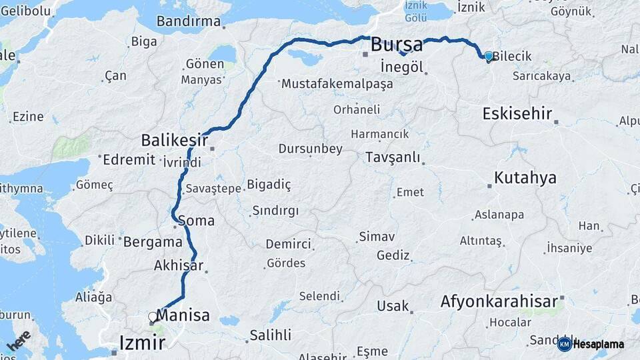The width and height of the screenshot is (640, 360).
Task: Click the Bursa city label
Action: click(396, 45)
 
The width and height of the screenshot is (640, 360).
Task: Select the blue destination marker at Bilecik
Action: click(489, 57)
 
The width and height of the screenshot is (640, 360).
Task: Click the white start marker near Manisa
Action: click(153, 317)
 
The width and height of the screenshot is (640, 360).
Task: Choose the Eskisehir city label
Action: click(517, 113)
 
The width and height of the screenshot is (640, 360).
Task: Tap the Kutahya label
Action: click(525, 178)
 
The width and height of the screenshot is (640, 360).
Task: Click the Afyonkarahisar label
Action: click(499, 302)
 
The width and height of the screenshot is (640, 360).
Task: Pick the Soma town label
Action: click(197, 220)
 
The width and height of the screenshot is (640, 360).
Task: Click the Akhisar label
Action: click(178, 265)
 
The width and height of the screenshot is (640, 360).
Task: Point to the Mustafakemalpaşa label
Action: click(337, 84)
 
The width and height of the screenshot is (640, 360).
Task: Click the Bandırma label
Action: click(189, 21)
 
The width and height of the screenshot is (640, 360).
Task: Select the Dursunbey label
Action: click(310, 149)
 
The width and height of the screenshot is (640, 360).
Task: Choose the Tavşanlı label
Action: click(393, 157)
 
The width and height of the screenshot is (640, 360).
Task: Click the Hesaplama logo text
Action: click(598, 344)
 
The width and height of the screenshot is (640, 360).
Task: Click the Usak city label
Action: click(392, 306)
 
